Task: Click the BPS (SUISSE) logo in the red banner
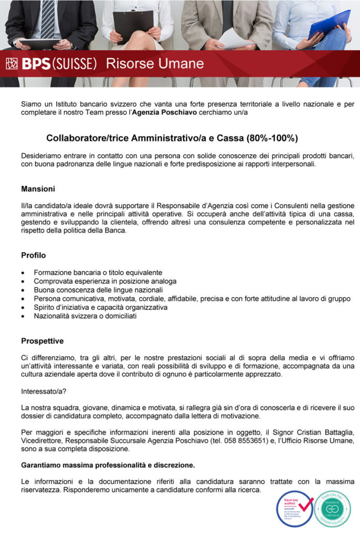click(x=51, y=65)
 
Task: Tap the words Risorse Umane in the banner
click(x=155, y=64)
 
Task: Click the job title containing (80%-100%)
click(x=172, y=138)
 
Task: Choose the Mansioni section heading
click(x=38, y=189)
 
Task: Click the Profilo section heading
click(x=34, y=255)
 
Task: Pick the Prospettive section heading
click(x=43, y=341)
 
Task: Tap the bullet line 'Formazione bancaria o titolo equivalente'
click(x=98, y=273)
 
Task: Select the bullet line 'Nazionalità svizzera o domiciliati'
click(x=86, y=316)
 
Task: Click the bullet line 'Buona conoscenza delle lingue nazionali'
click(x=98, y=290)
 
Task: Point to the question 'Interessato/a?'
click(x=44, y=391)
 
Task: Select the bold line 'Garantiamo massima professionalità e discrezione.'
click(x=108, y=465)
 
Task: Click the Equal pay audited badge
click(x=294, y=508)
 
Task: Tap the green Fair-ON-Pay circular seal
click(x=333, y=508)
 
